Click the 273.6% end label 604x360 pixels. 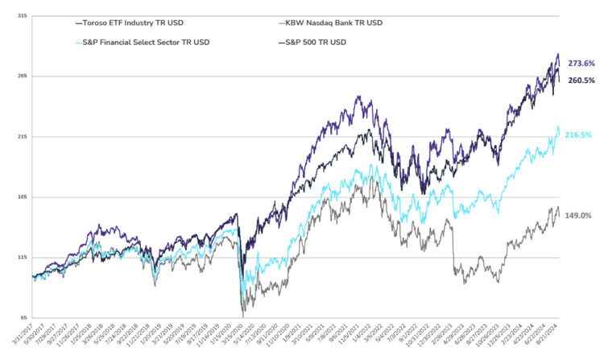[x=581, y=63]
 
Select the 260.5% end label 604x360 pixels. [x=581, y=80]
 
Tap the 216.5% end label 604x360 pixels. [x=581, y=134]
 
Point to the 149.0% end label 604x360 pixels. [x=581, y=216]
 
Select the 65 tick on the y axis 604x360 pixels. [x=23, y=317]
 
